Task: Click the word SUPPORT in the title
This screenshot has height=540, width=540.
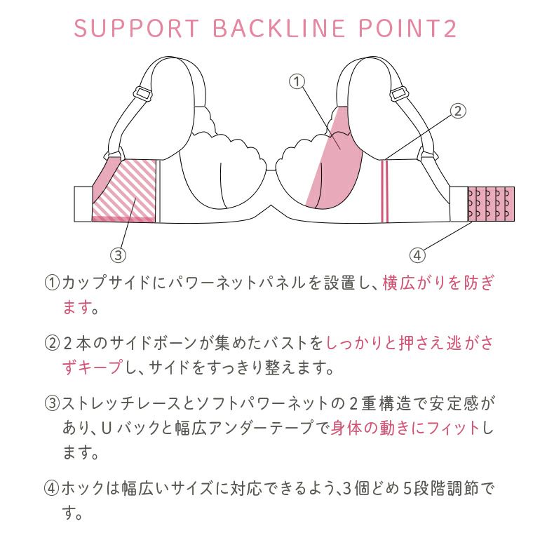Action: pyautogui.click(x=137, y=28)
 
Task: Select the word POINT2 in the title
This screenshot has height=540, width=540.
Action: pyautogui.click(x=407, y=28)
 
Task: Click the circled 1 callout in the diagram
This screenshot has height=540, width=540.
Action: pyautogui.click(x=297, y=82)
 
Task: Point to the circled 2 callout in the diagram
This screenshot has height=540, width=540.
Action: pyautogui.click(x=458, y=112)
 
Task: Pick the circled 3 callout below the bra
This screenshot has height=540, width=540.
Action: pyautogui.click(x=118, y=255)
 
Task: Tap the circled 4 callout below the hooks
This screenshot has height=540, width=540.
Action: pyautogui.click(x=417, y=255)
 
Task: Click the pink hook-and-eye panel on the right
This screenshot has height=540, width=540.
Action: pyautogui.click(x=491, y=204)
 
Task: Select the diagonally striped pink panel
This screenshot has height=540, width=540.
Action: pyautogui.click(x=124, y=190)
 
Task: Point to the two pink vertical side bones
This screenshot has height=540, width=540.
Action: pyautogui.click(x=385, y=191)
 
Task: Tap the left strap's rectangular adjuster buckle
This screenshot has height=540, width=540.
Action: pyautogui.click(x=144, y=93)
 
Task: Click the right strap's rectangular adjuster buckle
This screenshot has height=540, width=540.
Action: pyautogui.click(x=400, y=93)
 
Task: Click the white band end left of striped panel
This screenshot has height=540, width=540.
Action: pyautogui.click(x=83, y=204)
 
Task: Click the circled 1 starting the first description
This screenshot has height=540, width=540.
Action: pyautogui.click(x=53, y=283)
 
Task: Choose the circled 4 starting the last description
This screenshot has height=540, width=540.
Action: pyautogui.click(x=52, y=488)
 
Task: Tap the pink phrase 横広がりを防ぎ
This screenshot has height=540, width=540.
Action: pyautogui.click(x=438, y=283)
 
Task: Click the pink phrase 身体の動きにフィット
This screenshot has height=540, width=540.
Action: pyautogui.click(x=405, y=428)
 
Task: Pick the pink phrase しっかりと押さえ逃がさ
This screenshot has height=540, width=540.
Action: pyautogui.click(x=410, y=344)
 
